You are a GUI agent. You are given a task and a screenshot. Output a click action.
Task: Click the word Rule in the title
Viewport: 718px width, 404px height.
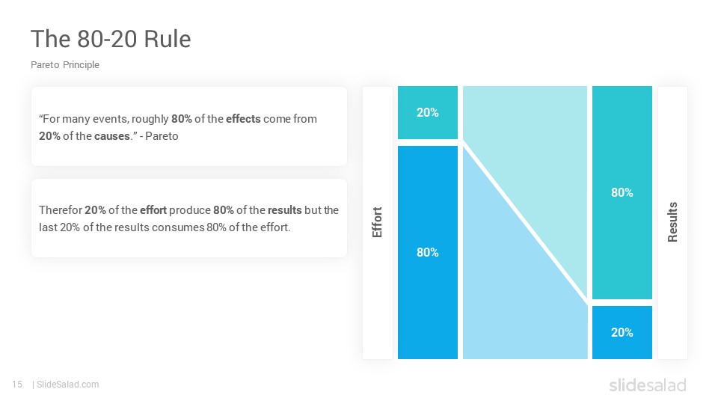click(x=167, y=39)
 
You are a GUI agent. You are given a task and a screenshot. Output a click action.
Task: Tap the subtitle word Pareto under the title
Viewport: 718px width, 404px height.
click(x=45, y=64)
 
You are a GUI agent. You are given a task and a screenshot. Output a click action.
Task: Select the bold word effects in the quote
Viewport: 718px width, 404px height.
click(x=243, y=119)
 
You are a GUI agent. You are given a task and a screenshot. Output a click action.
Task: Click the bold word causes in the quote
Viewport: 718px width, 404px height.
click(x=112, y=136)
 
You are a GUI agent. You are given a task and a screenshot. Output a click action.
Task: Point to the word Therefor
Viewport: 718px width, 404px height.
click(x=61, y=209)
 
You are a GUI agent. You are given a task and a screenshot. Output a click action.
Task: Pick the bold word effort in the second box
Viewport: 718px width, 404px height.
click(x=153, y=209)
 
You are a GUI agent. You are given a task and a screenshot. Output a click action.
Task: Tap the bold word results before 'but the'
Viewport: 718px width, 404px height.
click(x=285, y=209)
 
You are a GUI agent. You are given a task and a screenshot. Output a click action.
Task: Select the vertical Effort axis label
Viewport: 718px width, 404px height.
click(x=377, y=222)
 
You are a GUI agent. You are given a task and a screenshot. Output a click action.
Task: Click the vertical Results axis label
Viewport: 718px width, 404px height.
click(x=672, y=222)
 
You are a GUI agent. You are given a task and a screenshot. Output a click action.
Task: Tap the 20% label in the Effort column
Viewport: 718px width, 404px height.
click(x=428, y=112)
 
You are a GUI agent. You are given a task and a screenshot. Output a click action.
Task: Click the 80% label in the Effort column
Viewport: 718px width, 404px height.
click(x=428, y=252)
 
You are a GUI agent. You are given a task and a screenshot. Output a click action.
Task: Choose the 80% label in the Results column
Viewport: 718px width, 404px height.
click(x=622, y=192)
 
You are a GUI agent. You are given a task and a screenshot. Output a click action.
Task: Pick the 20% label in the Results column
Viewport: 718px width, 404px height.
click(x=622, y=332)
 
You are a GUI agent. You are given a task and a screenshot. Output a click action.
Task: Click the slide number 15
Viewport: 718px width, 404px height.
click(x=17, y=385)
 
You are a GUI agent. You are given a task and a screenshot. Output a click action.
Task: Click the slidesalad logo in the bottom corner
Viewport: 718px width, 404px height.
click(x=648, y=385)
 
